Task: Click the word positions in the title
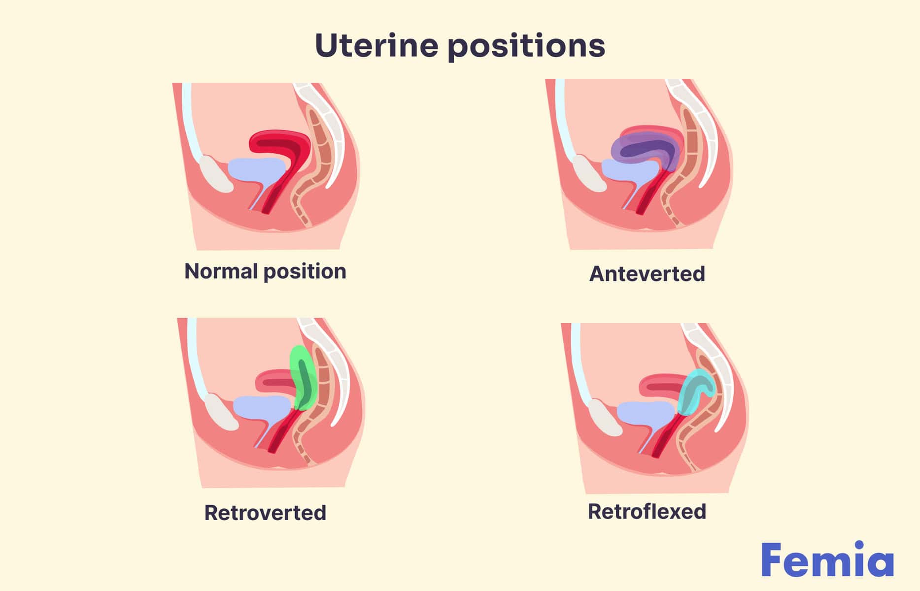tap(526, 46)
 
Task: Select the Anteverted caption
tap(647, 274)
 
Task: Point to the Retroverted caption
tap(265, 513)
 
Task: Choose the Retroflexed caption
tap(647, 511)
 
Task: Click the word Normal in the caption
tap(221, 271)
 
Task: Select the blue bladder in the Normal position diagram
tap(254, 170)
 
